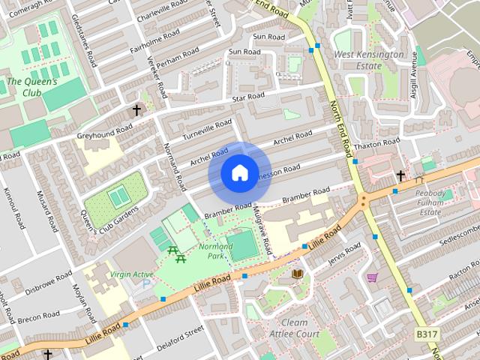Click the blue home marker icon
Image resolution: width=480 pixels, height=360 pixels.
pyautogui.click(x=238, y=173)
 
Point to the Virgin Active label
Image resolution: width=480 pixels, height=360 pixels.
pyautogui.click(x=132, y=274)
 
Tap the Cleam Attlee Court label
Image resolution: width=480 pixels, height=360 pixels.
pyautogui.click(x=295, y=328)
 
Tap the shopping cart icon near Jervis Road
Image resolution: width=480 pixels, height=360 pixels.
pyautogui.click(x=371, y=277)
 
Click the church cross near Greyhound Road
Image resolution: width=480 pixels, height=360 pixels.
pyautogui.click(x=136, y=109)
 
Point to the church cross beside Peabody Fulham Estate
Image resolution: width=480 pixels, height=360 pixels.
pyautogui.click(x=400, y=176)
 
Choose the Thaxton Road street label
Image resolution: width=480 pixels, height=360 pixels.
pyautogui.click(x=379, y=142)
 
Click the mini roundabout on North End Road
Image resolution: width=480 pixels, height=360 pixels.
pyautogui.click(x=363, y=200)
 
